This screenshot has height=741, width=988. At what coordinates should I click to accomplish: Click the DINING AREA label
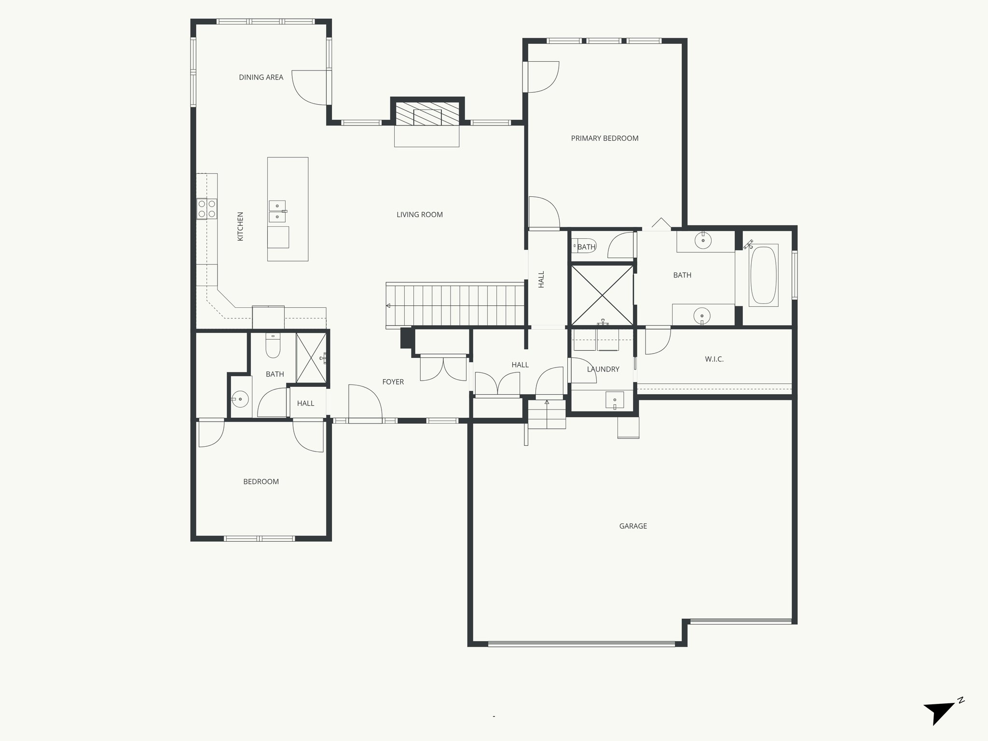tap(261, 77)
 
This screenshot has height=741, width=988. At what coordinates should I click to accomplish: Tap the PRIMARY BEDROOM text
tap(604, 138)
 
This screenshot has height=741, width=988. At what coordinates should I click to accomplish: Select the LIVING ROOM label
tap(419, 215)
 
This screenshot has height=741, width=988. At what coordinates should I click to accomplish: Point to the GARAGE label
tap(633, 526)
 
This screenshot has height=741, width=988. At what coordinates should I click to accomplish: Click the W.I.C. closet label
tap(714, 359)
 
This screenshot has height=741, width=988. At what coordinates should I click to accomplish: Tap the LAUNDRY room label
tap(603, 369)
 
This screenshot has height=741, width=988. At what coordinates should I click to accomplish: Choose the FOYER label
tap(393, 382)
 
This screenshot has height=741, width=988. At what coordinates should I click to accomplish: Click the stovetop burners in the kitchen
tap(206, 208)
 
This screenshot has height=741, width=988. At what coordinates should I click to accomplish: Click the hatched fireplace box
tap(427, 114)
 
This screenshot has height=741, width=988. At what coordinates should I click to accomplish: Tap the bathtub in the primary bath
tap(763, 275)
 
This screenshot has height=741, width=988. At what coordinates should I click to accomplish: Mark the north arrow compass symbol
tap(940, 722)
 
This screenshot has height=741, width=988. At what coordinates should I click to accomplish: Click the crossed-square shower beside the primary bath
tap(602, 295)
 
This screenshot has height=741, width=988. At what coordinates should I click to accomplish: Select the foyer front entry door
tap(365, 403)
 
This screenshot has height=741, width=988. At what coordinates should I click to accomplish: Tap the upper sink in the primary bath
tap(703, 240)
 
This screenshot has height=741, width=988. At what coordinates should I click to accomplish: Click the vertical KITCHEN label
tap(240, 226)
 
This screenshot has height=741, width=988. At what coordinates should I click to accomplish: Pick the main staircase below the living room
tap(455, 306)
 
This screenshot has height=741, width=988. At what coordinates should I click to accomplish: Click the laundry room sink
tap(615, 400)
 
